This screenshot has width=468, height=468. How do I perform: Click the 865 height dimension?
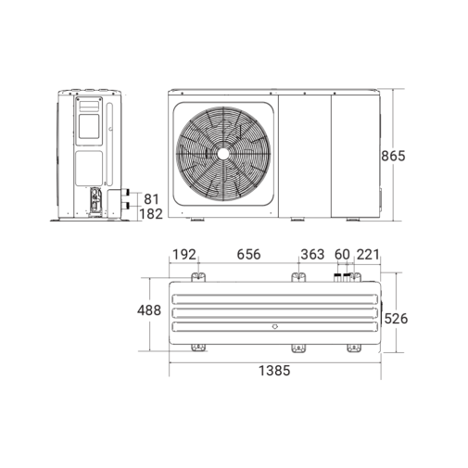click(x=393, y=156)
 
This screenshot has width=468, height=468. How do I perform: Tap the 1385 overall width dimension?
click(x=274, y=371)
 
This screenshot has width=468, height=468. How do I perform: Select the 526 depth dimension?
click(x=396, y=319)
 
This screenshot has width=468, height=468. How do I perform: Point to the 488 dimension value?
click(x=149, y=310)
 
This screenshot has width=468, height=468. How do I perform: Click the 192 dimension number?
click(x=184, y=255)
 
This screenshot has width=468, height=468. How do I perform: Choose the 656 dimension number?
click(x=248, y=255)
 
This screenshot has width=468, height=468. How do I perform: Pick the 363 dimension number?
click(x=312, y=255)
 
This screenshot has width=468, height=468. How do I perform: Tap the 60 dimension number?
click(x=342, y=255)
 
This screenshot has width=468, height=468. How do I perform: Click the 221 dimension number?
click(x=368, y=255)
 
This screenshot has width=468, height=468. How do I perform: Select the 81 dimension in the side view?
click(x=151, y=199)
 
